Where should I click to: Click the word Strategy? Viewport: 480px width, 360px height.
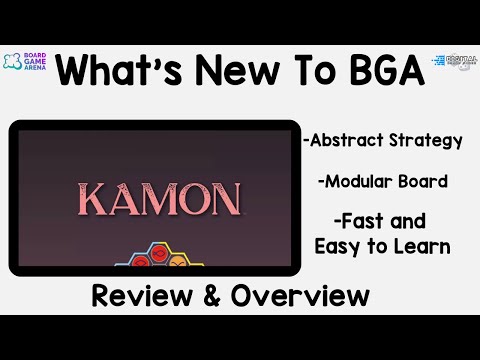(x=427, y=141)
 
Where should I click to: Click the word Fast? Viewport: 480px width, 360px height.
(x=363, y=222)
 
